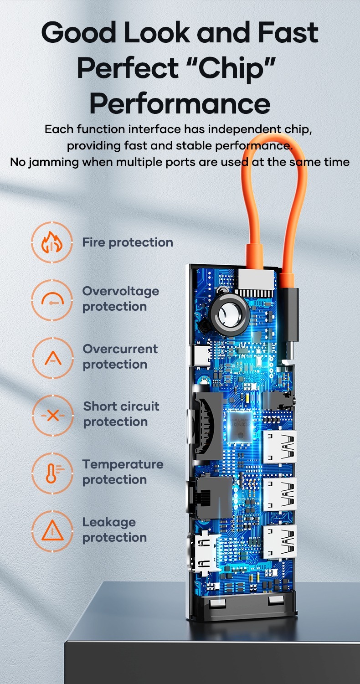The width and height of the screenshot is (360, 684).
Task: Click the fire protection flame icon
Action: (52, 242)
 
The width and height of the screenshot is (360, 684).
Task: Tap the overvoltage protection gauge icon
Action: (52, 300)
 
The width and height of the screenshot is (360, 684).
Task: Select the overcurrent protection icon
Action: (52, 358)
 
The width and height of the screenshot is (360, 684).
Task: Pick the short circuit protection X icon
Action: (52, 415)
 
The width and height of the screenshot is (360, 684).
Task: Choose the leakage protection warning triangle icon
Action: (52, 531)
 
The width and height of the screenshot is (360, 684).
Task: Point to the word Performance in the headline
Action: (180, 103)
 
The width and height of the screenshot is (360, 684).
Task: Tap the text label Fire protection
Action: (128, 242)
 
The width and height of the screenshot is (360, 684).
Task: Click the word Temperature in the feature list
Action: (123, 464)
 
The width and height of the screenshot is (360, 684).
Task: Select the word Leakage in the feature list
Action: (109, 522)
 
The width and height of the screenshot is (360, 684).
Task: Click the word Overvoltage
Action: (121, 291)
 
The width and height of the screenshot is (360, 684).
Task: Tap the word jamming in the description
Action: (53, 162)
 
